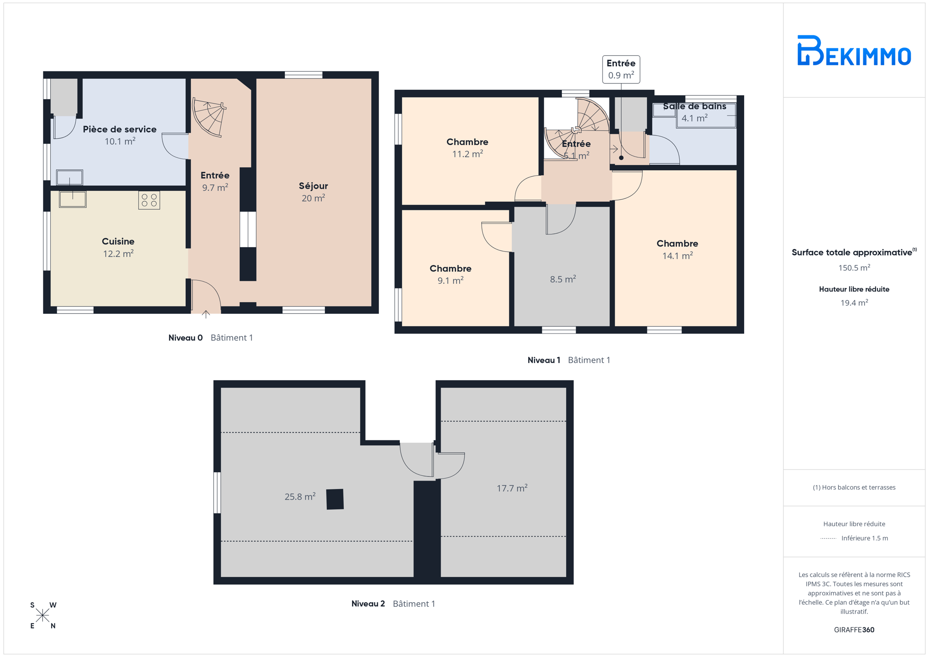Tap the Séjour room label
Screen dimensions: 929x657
pyautogui.click(x=313, y=186)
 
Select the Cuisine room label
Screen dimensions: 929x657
pyautogui.click(x=118, y=241)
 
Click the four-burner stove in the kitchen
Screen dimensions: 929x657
pyautogui.click(x=149, y=200)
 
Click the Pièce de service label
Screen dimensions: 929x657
pyautogui.click(x=120, y=129)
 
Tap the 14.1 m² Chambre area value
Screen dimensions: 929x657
pyautogui.click(x=677, y=256)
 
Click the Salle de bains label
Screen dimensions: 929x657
pyautogui.click(x=694, y=106)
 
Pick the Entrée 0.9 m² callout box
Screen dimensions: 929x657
pyautogui.click(x=621, y=69)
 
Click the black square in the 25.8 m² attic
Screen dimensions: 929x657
pyautogui.click(x=335, y=499)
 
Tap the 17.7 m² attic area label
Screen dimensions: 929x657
pyautogui.click(x=512, y=488)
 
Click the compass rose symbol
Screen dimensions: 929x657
pyautogui.click(x=42, y=615)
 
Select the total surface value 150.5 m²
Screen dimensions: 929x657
pyautogui.click(x=854, y=268)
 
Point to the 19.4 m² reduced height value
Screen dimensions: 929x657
pyautogui.click(x=854, y=302)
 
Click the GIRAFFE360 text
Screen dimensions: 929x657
pyautogui.click(x=854, y=630)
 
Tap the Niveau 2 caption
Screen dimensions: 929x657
pyautogui.click(x=368, y=604)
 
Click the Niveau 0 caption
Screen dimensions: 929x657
pyautogui.click(x=185, y=338)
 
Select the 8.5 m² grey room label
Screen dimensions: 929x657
pyautogui.click(x=563, y=279)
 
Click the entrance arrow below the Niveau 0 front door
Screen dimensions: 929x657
pyautogui.click(x=206, y=314)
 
